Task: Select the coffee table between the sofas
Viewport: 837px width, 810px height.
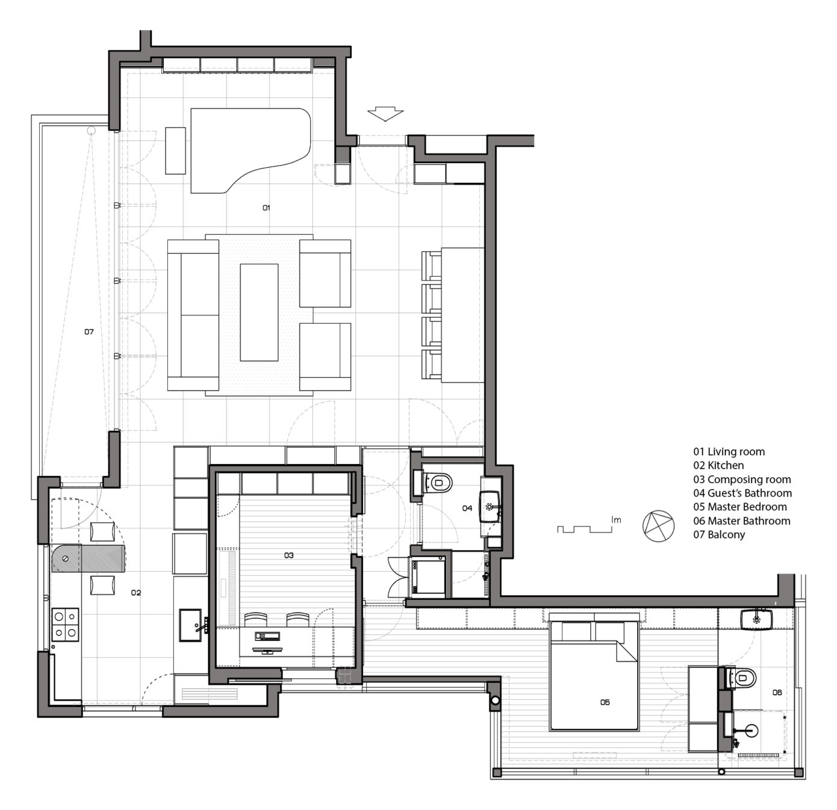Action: pyautogui.click(x=259, y=312)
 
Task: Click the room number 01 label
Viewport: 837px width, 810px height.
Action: pyautogui.click(x=266, y=208)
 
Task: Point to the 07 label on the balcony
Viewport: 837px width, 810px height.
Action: pyautogui.click(x=89, y=332)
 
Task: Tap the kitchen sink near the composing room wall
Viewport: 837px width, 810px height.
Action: pyautogui.click(x=191, y=625)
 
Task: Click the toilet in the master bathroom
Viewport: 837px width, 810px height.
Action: pyautogui.click(x=742, y=679)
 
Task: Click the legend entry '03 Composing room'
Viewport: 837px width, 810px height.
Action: pyautogui.click(x=742, y=480)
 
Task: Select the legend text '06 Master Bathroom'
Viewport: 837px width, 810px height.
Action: pyautogui.click(x=741, y=521)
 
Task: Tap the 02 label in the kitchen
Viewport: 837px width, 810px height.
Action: pyautogui.click(x=136, y=593)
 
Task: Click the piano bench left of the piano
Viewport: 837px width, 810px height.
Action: pyautogui.click(x=175, y=150)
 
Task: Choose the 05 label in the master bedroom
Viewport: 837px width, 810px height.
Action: pyautogui.click(x=605, y=702)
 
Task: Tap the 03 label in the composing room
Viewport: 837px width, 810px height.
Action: pyautogui.click(x=289, y=555)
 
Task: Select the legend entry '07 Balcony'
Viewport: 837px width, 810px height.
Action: pyautogui.click(x=719, y=535)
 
